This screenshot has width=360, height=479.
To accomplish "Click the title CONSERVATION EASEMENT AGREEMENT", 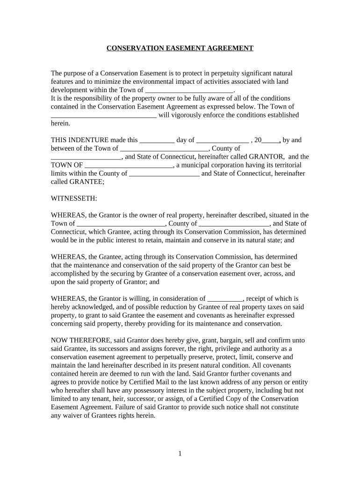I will pos(180,48).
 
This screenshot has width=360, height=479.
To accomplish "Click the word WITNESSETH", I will pos(74,198).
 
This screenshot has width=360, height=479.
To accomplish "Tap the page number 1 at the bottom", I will pos(180,453).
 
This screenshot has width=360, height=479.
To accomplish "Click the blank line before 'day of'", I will pos(157,140).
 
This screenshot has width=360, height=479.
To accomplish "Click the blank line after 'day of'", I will pos(223,140).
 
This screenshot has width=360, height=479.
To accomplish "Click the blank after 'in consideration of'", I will pos(224,299).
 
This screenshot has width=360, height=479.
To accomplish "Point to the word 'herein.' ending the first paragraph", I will pos(60,123).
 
